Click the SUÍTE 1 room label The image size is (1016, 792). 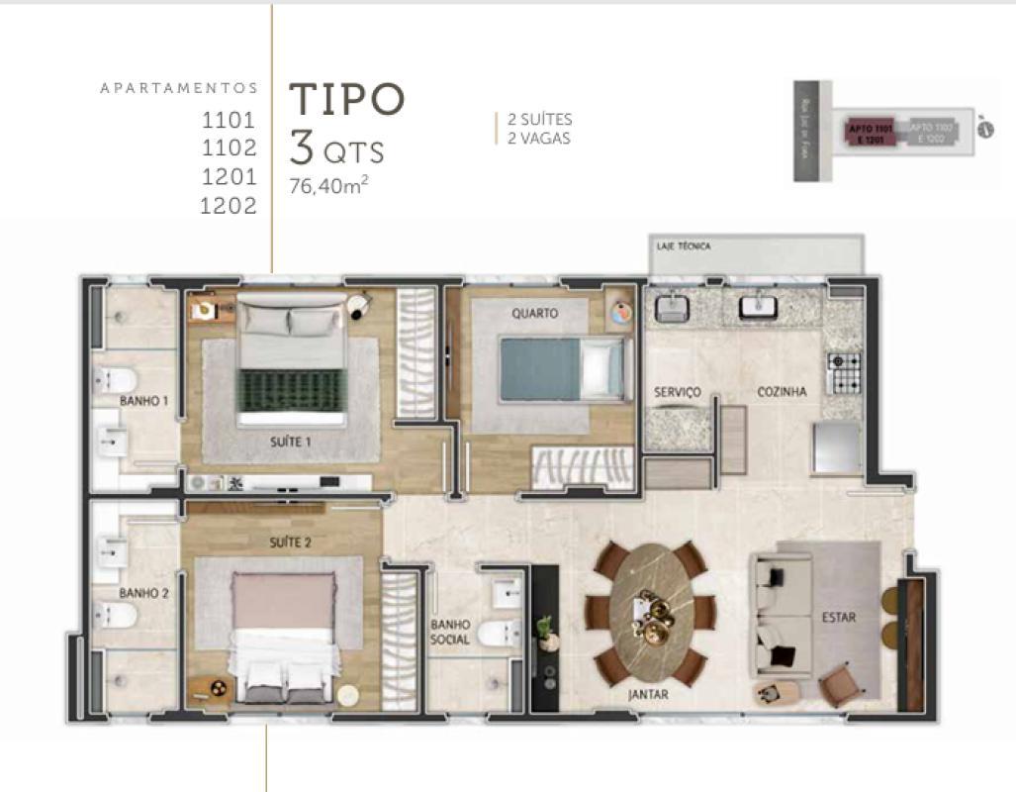[x=291, y=442]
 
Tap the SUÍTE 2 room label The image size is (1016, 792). [x=291, y=543]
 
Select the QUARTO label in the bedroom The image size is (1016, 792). [x=534, y=313]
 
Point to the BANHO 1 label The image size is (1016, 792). [x=143, y=401]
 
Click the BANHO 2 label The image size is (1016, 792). [x=143, y=593]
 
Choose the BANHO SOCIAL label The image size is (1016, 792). [x=450, y=633]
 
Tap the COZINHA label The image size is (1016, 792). [x=782, y=392]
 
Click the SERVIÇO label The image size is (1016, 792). [x=677, y=392]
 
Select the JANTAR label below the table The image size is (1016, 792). [x=648, y=695]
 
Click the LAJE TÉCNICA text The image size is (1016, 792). [x=683, y=246]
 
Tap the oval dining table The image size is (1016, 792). [x=649, y=614]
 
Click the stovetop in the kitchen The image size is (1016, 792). [x=843, y=373]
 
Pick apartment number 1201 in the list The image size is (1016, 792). [x=229, y=177]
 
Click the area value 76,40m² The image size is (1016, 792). [x=328, y=185]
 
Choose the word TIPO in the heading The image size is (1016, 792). [x=346, y=99]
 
